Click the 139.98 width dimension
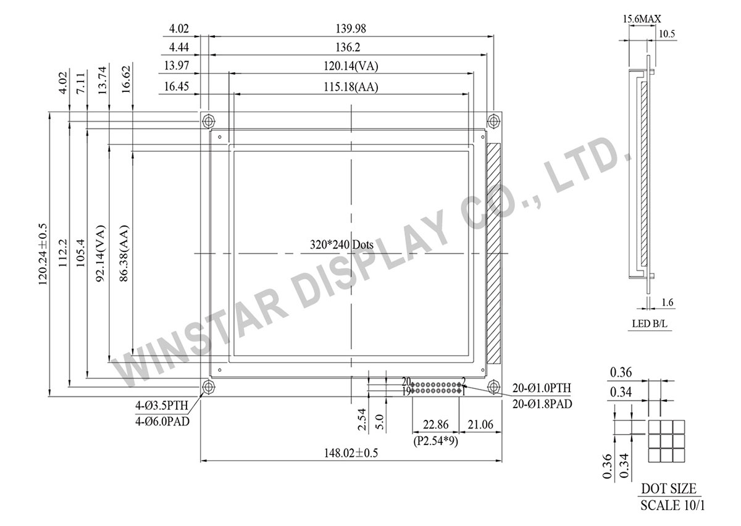[x=353, y=29]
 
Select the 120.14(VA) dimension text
[x=353, y=66]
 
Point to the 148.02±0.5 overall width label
[x=351, y=453]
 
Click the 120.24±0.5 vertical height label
[x=44, y=253]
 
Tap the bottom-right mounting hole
[x=493, y=386]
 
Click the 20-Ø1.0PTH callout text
[x=542, y=388]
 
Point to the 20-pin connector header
[x=436, y=387]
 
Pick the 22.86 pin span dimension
[x=435, y=424]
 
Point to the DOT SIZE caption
[x=668, y=488]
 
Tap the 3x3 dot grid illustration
[x=667, y=442]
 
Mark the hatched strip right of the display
[x=494, y=253]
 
